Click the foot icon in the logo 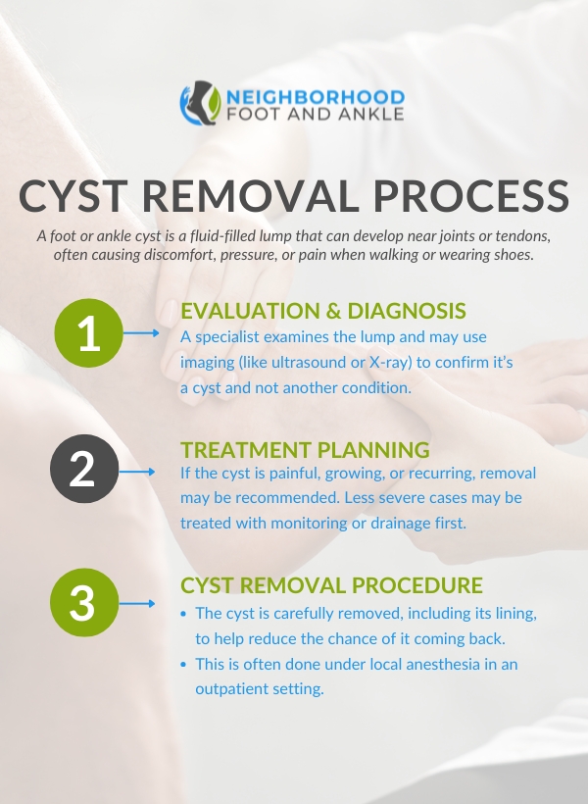pyautogui.click(x=201, y=103)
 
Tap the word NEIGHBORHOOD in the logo pyautogui.click(x=316, y=97)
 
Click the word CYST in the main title pyautogui.click(x=73, y=196)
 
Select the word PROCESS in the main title pyautogui.click(x=471, y=196)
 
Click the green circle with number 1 pyautogui.click(x=88, y=333)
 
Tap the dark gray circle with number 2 pyautogui.click(x=84, y=469)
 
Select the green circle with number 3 pyautogui.click(x=84, y=602)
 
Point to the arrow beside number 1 pyautogui.click(x=141, y=333)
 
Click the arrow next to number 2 pyautogui.click(x=137, y=472)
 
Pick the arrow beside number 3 pyautogui.click(x=137, y=604)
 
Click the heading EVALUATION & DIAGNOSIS pyautogui.click(x=323, y=311)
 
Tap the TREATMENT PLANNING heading pyautogui.click(x=305, y=450)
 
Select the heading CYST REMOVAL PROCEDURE pyautogui.click(x=331, y=585)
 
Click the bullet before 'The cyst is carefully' pyautogui.click(x=183, y=614)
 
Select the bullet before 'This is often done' pyautogui.click(x=183, y=665)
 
